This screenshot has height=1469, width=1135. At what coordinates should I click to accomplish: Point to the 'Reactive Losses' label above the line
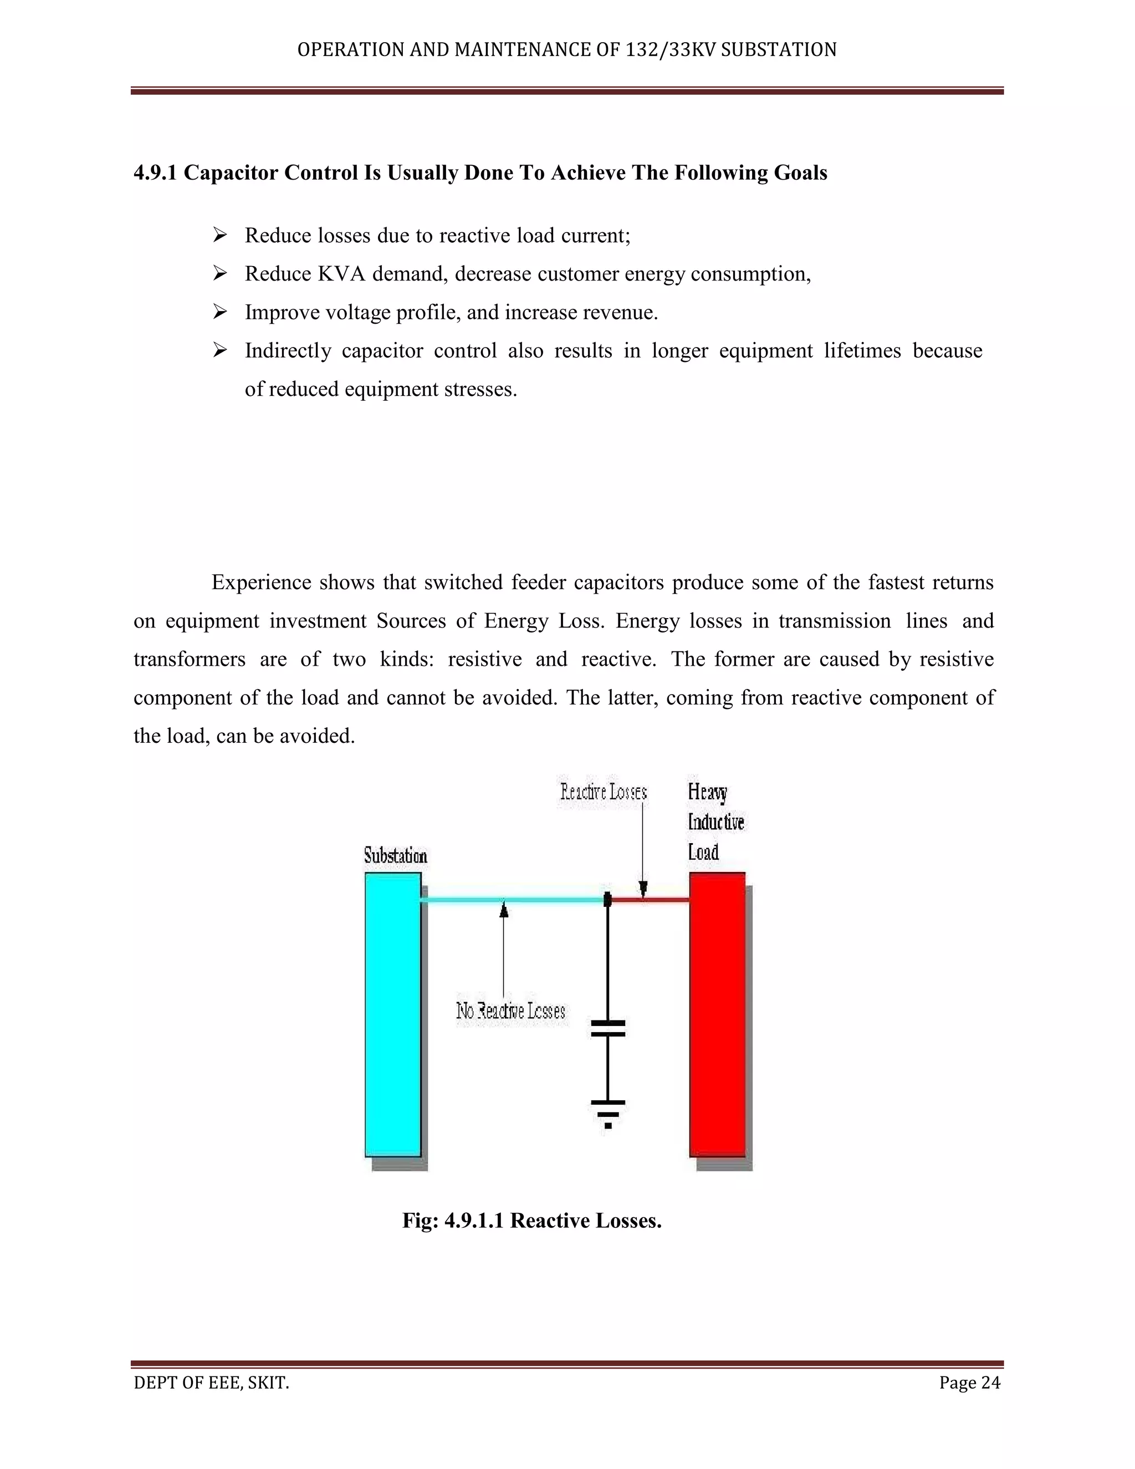[x=603, y=792]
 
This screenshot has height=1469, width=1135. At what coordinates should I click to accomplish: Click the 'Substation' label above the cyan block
[x=395, y=855]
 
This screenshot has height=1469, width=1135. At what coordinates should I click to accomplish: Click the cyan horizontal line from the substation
[x=511, y=899]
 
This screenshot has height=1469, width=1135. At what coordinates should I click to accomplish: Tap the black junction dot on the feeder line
[x=607, y=899]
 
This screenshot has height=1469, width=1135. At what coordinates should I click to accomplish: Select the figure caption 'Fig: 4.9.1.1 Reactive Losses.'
[x=532, y=1220]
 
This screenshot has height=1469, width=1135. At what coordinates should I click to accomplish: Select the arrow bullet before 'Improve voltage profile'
[x=220, y=312]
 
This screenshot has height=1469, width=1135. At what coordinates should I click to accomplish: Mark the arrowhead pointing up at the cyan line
[x=504, y=911]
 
